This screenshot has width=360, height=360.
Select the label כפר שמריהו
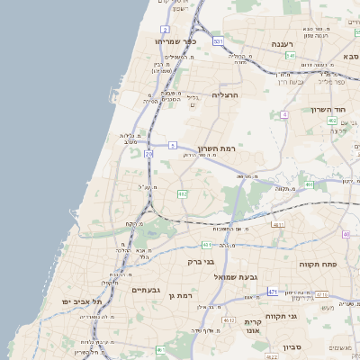click(175, 41)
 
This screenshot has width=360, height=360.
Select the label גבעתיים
click(145, 290)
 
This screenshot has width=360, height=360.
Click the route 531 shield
click(218, 41)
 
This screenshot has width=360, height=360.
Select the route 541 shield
click(291, 56)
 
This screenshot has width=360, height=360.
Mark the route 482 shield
click(183, 193)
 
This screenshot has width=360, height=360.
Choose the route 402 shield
click(332, 121)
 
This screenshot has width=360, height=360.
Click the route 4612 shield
click(229, 320)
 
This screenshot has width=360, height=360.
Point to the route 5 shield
click(172, 144)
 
